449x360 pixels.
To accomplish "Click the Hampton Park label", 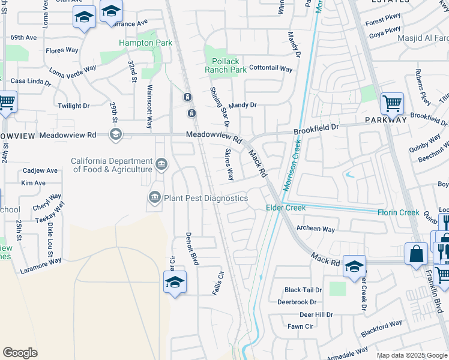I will tap(145, 43).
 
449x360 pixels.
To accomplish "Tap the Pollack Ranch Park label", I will tap(225, 65).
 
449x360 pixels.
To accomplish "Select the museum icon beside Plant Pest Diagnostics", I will tap(154, 197).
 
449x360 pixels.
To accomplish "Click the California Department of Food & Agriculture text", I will tap(112, 165).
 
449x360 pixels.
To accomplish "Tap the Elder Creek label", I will tap(286, 208).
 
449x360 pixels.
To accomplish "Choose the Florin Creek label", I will tap(398, 212).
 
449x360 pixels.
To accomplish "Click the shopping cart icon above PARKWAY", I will tap(392, 103).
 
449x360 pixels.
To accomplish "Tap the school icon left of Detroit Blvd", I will tap(175, 282).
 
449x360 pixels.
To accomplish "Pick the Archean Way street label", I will tap(316, 229).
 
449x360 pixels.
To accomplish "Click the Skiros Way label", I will tap(229, 165).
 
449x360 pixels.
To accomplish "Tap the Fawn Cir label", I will tap(301, 326).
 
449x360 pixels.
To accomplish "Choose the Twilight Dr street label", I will tap(74, 106).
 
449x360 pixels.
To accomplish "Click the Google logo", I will tap(20, 353).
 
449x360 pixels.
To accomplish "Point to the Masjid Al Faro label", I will tap(423, 38).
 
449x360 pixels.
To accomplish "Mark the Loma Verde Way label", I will tap(73, 73).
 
